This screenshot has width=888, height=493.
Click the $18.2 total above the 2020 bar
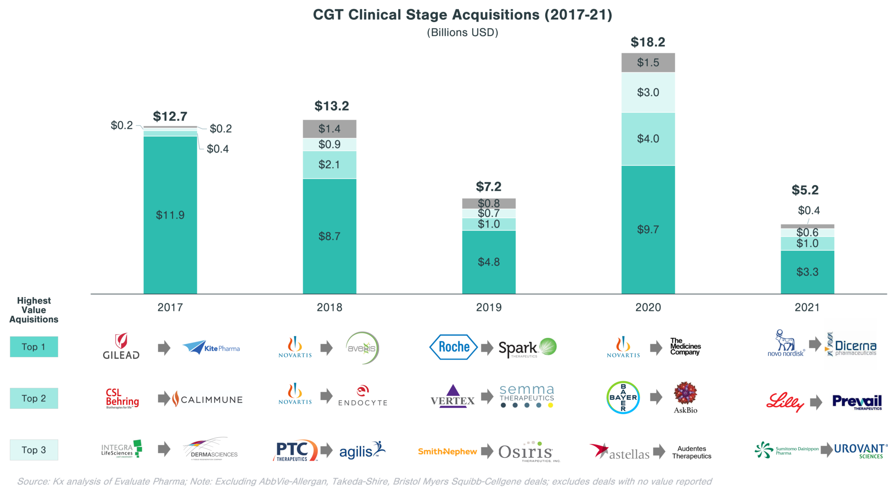coord(648,42)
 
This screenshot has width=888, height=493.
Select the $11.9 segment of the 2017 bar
coord(170,215)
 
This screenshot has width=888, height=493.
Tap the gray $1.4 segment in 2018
coord(330,129)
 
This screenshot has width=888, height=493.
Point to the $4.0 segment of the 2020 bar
coord(648,139)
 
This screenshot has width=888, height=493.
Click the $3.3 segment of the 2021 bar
coord(807,272)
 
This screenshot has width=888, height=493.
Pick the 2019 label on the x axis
coord(489,307)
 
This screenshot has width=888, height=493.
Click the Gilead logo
coord(121,346)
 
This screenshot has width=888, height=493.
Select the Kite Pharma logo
coord(210,347)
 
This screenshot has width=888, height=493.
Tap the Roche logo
coord(453,347)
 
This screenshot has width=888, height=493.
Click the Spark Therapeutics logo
coord(527,348)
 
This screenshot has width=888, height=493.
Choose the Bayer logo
coord(623,397)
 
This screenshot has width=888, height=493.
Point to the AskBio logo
coord(686,398)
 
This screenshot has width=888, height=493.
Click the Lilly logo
coord(785,402)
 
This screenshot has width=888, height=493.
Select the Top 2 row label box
coord(34,398)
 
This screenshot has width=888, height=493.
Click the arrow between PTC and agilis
coord(326,450)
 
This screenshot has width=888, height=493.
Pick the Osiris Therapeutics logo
coord(529,451)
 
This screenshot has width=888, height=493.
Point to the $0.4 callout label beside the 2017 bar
coord(218,149)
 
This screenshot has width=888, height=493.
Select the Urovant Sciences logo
coord(860,451)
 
